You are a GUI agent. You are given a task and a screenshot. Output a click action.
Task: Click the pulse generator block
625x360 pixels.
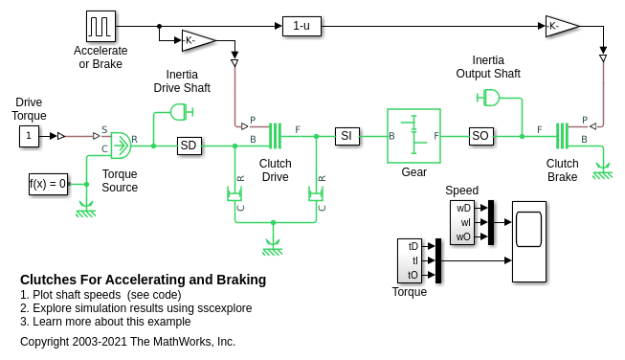[100, 26]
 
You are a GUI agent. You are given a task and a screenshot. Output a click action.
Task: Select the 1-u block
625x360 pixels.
[301, 26]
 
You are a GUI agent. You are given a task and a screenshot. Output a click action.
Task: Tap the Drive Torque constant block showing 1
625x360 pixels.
[29, 136]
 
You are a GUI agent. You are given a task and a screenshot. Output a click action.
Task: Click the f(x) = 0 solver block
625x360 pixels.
[48, 184]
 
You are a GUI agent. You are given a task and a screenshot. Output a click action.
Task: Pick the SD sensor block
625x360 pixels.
[189, 146]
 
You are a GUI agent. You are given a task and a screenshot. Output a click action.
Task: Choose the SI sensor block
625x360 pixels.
[346, 136]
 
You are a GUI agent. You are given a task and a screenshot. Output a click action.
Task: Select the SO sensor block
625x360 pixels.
[481, 136]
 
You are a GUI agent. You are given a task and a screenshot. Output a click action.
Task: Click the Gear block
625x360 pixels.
[413, 136]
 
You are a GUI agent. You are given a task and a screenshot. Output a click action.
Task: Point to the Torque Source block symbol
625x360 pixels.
[122, 146]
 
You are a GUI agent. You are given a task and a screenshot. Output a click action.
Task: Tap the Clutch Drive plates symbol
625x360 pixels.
[276, 136]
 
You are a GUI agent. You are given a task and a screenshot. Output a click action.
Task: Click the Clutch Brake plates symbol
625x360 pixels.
[563, 136]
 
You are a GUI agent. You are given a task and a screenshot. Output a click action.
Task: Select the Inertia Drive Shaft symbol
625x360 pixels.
[182, 112]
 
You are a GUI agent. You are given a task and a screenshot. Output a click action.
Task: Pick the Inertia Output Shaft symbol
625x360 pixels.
[488, 98]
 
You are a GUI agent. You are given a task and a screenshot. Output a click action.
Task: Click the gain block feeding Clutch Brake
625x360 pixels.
[562, 26]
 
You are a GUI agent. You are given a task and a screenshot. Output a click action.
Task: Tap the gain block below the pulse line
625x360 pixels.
[198, 40]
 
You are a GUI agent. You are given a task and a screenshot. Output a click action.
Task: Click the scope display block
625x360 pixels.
[529, 241]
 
